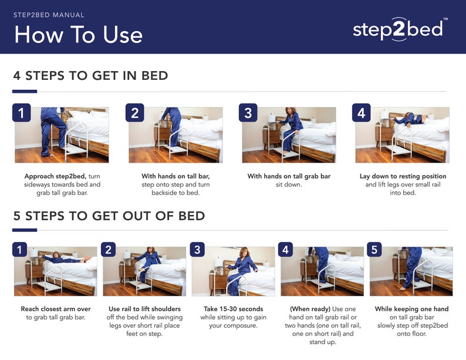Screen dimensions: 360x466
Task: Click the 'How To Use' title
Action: coord(78,35)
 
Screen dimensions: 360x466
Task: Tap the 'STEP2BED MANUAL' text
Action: coord(49,15)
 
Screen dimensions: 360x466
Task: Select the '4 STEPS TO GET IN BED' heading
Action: coord(90,76)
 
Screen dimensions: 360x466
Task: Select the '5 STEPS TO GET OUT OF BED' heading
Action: coord(109,216)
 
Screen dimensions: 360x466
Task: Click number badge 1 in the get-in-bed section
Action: coord(21,113)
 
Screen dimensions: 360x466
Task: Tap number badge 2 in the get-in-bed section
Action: coord(134,113)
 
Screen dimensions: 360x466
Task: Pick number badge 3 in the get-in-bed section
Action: coord(248,113)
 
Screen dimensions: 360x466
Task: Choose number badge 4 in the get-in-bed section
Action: coord(361,113)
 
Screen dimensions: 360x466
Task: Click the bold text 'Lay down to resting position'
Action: coord(403,176)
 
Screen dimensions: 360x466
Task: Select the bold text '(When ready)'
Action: coord(309,309)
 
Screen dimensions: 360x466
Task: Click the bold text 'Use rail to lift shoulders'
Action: coord(144,309)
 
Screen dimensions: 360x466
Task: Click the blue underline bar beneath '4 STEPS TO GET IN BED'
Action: coord(25,92)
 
